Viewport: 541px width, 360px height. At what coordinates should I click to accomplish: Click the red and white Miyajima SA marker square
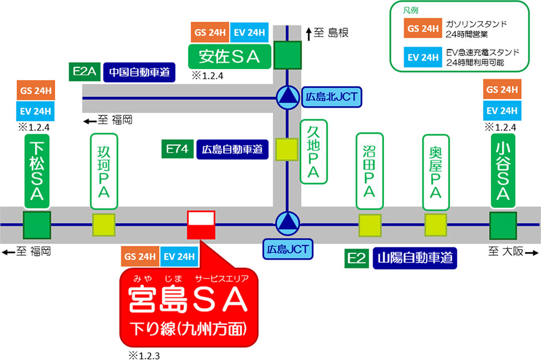[x=201, y=225]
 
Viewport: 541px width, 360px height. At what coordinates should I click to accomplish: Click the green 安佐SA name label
[x=230, y=56]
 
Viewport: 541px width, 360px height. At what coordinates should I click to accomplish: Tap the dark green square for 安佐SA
[x=287, y=55]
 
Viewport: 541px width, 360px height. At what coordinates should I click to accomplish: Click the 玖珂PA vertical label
[x=104, y=171]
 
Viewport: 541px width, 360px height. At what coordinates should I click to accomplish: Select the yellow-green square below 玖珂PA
[x=104, y=225]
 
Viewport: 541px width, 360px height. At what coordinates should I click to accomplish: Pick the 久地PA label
[x=313, y=152]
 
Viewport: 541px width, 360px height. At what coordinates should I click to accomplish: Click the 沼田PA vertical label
[x=369, y=171]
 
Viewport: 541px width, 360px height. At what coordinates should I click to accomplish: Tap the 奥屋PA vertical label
[x=436, y=171]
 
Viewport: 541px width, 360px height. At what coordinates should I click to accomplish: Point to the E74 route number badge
[x=177, y=150]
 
